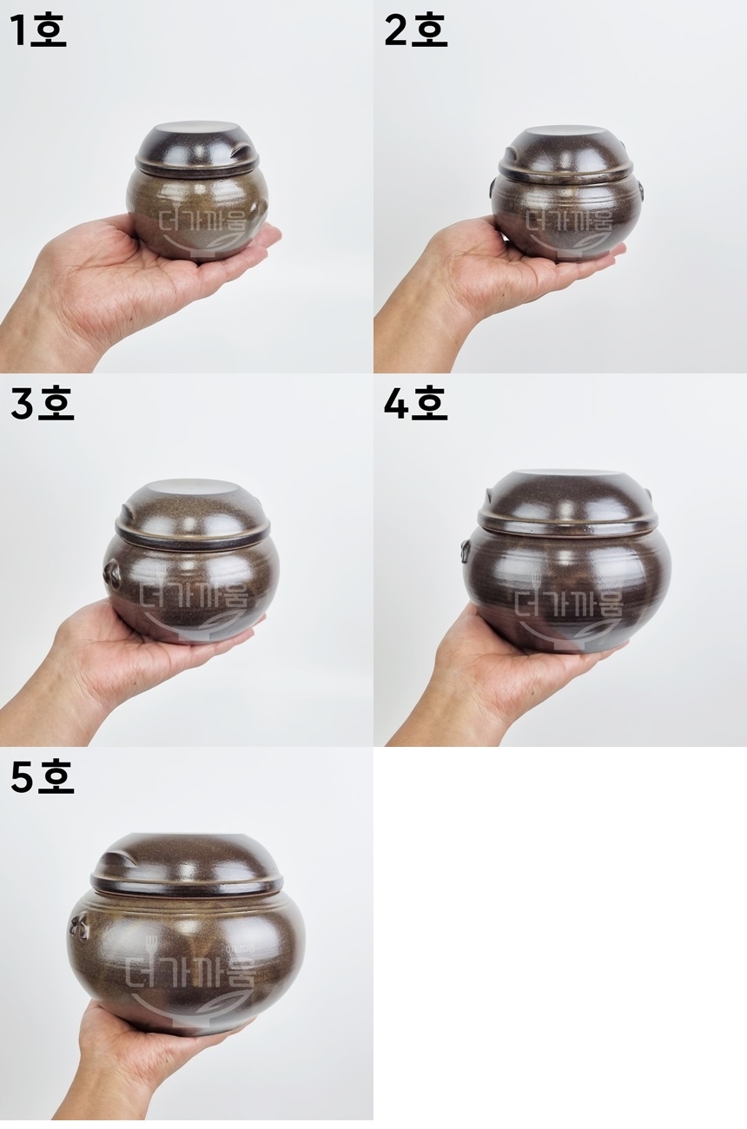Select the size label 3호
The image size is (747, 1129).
[x=42, y=405]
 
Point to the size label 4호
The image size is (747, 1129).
[x=415, y=405]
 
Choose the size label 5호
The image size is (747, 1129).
[x=42, y=777]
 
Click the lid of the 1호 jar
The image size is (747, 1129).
[x=196, y=148]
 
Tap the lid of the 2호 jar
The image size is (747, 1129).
[x=565, y=155]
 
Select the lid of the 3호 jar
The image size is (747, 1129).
[x=192, y=512]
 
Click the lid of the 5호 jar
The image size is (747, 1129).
[x=187, y=864]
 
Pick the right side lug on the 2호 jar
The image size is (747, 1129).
[x=639, y=188]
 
